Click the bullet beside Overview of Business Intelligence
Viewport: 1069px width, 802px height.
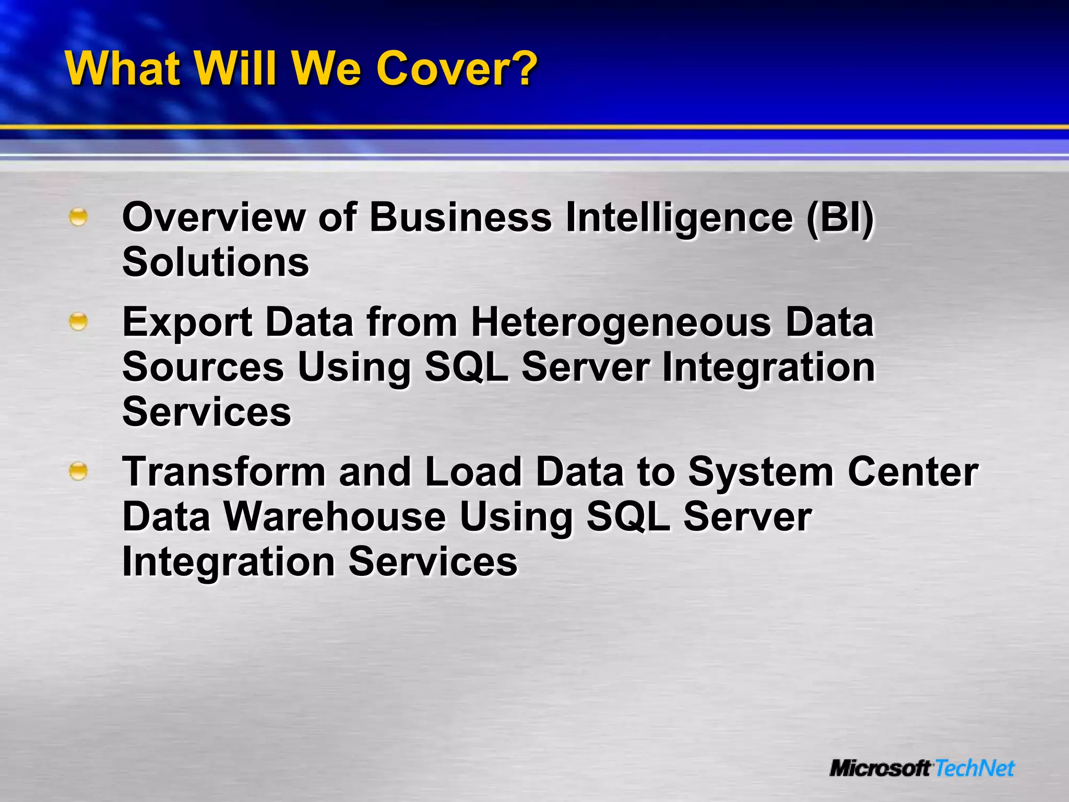click(78, 217)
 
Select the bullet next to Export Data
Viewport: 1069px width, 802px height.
click(78, 322)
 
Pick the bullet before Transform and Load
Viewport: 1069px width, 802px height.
click(78, 471)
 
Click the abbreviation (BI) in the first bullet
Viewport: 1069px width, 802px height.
click(839, 217)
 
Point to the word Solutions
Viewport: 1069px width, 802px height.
click(216, 262)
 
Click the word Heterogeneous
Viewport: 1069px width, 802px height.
click(621, 322)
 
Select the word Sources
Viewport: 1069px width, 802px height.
click(203, 367)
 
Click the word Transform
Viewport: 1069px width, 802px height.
click(224, 472)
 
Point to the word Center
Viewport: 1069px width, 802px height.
click(912, 472)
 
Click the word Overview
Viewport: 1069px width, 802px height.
click(213, 217)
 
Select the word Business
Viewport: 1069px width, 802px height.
click(460, 217)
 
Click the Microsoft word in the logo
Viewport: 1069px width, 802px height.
click(880, 768)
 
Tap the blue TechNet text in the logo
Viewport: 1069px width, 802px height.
click(974, 768)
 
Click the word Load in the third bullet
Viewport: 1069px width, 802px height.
click(473, 472)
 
